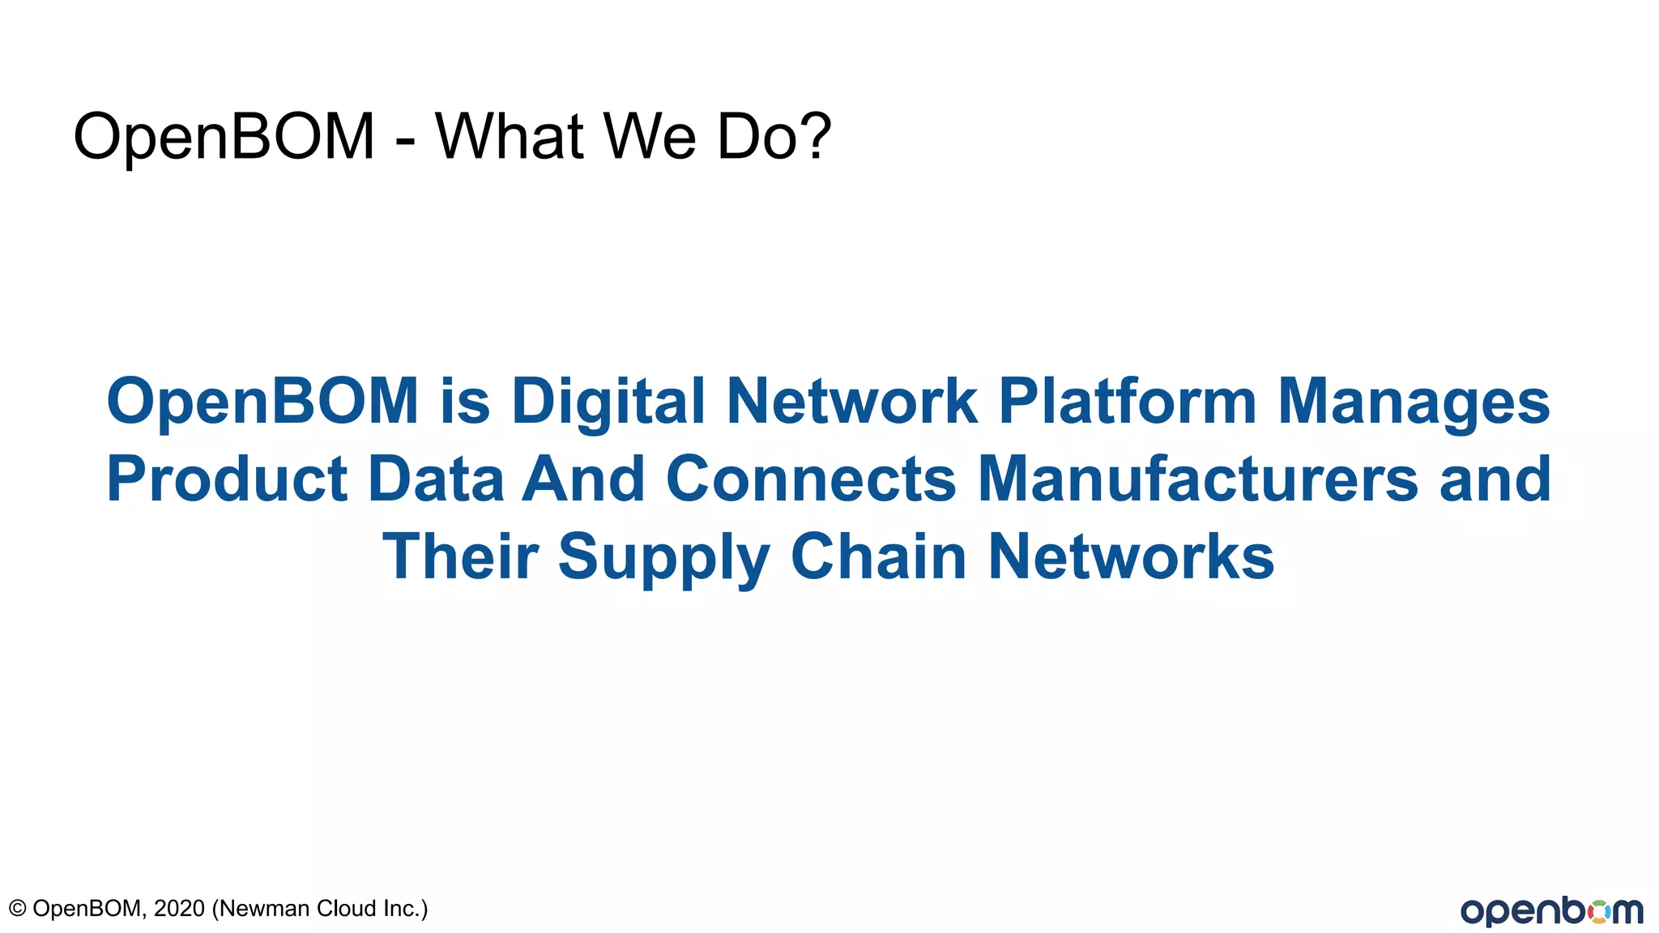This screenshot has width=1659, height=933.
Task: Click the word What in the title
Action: tap(510, 136)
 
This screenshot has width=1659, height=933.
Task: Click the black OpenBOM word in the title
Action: tap(224, 136)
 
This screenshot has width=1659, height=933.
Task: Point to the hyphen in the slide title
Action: tap(406, 139)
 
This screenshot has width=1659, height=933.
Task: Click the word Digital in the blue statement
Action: tap(608, 401)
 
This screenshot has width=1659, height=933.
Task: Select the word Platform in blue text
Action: tap(1127, 401)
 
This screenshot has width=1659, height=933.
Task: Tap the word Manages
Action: tap(1414, 403)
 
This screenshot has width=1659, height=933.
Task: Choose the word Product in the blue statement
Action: tap(227, 479)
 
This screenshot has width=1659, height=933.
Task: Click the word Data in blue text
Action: tap(436, 479)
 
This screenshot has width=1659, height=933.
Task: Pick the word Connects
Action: tap(811, 479)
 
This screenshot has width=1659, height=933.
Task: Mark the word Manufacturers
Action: tap(1198, 479)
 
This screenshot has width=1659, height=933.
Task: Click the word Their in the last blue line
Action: tap(460, 556)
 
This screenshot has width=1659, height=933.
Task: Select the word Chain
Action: tap(879, 556)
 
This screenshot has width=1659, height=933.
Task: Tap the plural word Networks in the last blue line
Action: tap(1132, 556)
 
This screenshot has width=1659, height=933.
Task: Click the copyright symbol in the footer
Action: tap(17, 909)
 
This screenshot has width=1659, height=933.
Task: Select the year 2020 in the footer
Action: tap(179, 909)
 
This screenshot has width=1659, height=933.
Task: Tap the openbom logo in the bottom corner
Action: tap(1552, 911)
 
